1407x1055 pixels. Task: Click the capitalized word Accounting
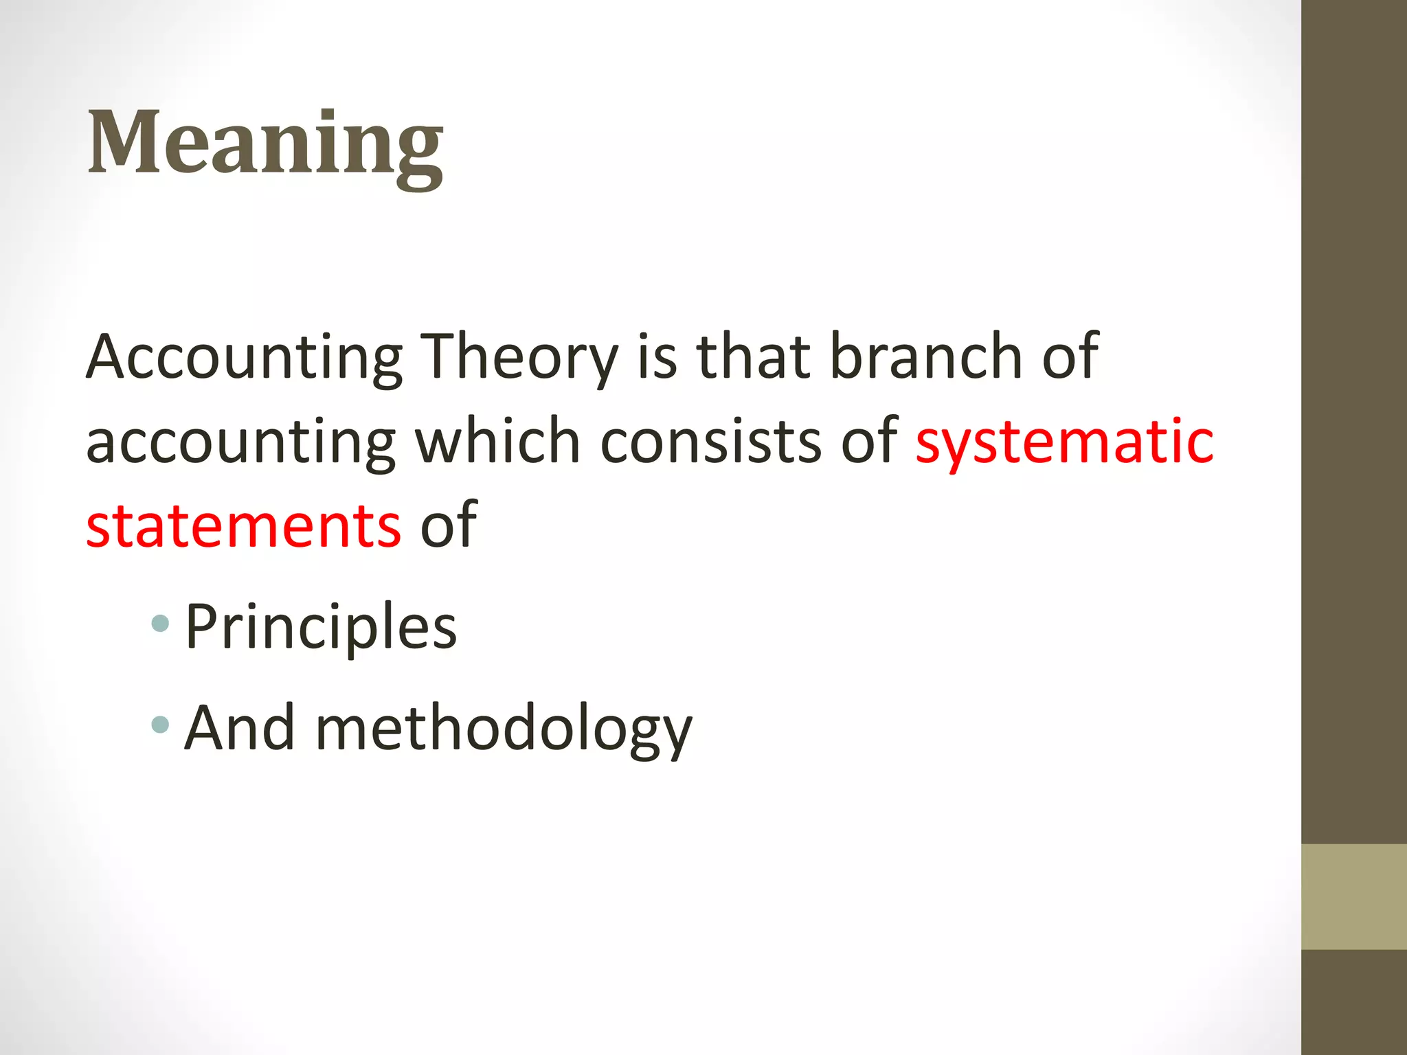point(244,357)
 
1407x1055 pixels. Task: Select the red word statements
point(244,526)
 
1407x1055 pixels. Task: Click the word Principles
point(321,626)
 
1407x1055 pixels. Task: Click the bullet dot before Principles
point(160,624)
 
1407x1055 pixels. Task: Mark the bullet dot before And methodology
point(160,725)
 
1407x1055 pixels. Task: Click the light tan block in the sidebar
point(1354,897)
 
